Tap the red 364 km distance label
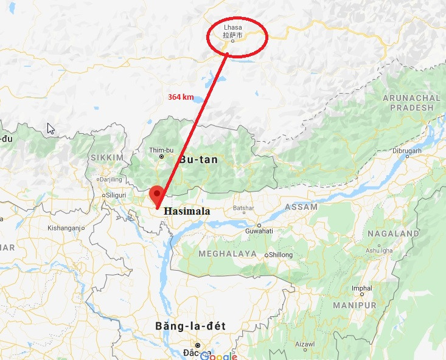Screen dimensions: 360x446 tap(181, 97)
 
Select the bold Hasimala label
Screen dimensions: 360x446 tap(187, 212)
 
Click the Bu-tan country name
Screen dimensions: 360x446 tap(198, 159)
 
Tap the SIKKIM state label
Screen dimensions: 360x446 tap(107, 157)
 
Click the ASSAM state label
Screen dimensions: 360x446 tap(301, 207)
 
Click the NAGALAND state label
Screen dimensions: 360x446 tap(392, 234)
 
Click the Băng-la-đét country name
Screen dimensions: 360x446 tap(189, 327)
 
